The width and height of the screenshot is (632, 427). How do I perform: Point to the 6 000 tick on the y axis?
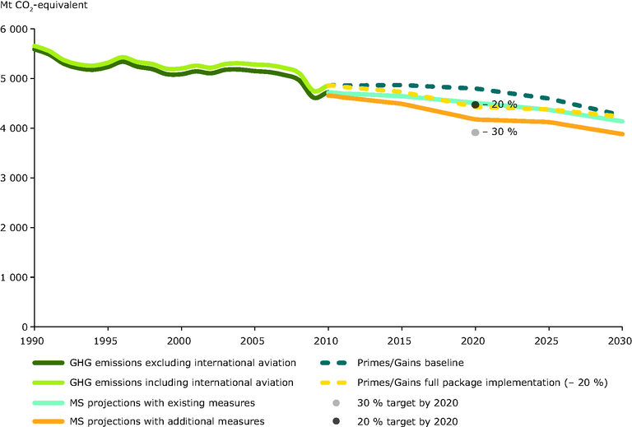[x=14, y=29]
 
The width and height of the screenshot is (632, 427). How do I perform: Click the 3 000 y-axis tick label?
[x=14, y=178]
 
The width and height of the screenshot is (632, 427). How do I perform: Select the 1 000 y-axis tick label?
[x=14, y=277]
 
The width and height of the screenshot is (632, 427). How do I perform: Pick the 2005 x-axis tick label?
[x=253, y=340]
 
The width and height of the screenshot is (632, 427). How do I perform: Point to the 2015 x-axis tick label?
[x=400, y=340]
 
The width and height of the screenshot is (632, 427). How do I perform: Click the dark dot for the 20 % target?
[x=475, y=105]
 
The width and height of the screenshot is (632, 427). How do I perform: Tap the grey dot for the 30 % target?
[x=475, y=132]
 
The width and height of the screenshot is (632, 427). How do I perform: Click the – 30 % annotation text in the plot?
[x=500, y=132]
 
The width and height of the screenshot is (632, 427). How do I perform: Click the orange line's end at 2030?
[x=621, y=134]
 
